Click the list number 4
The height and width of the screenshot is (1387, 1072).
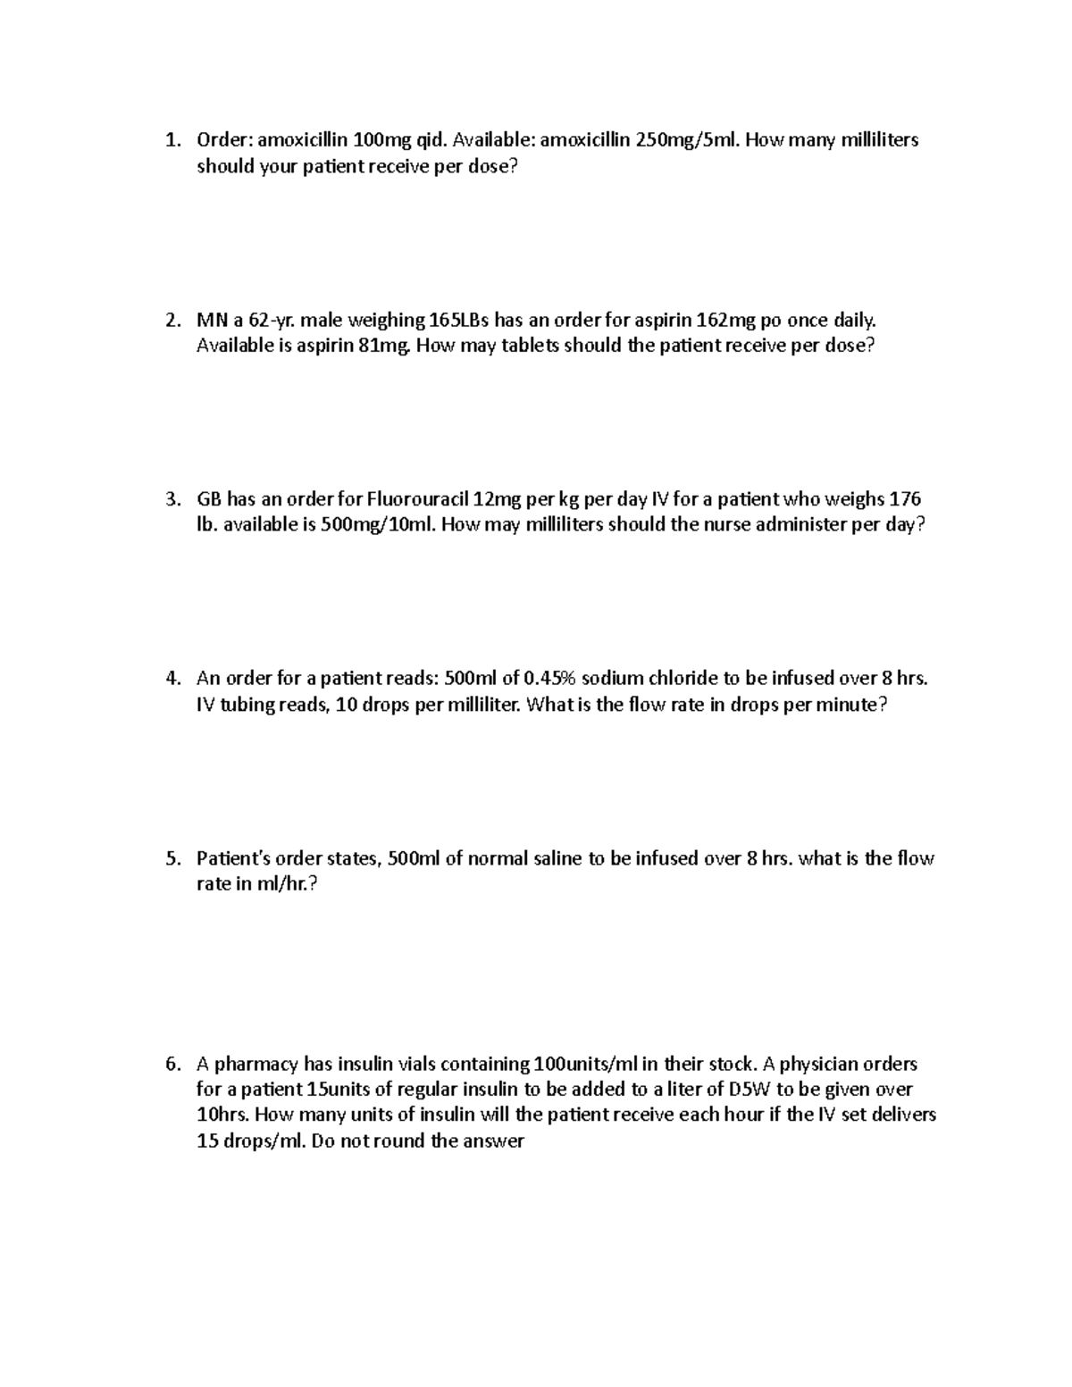pyautogui.click(x=174, y=679)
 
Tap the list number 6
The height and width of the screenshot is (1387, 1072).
pyautogui.click(x=174, y=1064)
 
